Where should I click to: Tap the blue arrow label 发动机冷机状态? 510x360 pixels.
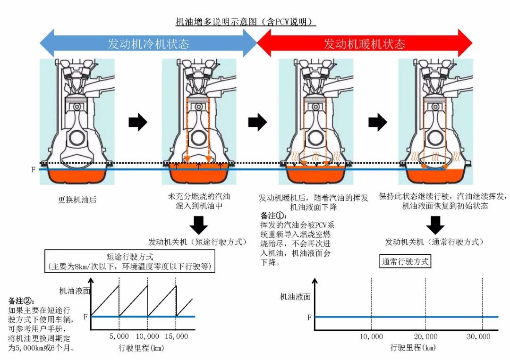pyautogui.click(x=148, y=44)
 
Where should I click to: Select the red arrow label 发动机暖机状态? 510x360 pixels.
pyautogui.click(x=364, y=44)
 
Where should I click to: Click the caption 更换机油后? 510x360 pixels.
pyautogui.click(x=77, y=199)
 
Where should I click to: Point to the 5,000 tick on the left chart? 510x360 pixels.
pyautogui.click(x=119, y=336)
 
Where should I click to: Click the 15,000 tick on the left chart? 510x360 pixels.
pyautogui.click(x=175, y=336)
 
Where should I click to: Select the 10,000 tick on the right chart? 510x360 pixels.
pyautogui.click(x=371, y=336)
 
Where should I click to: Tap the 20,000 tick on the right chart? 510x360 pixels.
pyautogui.click(x=425, y=336)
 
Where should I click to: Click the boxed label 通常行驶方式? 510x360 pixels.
pyautogui.click(x=405, y=261)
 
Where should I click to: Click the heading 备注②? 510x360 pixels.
pyautogui.click(x=21, y=300)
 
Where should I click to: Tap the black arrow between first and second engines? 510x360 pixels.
pyautogui.click(x=138, y=123)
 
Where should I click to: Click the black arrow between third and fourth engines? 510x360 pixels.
pyautogui.click(x=377, y=123)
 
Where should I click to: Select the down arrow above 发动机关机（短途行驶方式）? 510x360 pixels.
pyautogui.click(x=199, y=224)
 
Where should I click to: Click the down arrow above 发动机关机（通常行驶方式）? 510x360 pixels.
pyautogui.click(x=435, y=224)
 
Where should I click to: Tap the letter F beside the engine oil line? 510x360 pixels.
pyautogui.click(x=33, y=169)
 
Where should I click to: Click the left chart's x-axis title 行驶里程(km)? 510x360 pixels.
pyautogui.click(x=140, y=348)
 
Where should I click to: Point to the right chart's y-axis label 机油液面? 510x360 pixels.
pyautogui.click(x=295, y=297)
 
